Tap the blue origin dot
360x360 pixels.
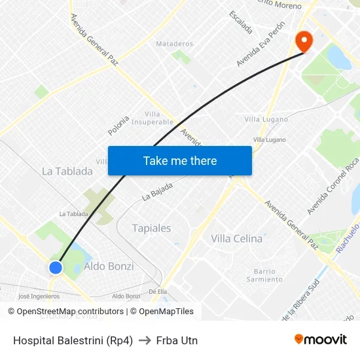[x=56, y=267]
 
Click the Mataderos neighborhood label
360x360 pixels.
[x=174, y=44]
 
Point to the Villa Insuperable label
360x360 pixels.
[x=153, y=118]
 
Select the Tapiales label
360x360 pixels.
[x=151, y=228]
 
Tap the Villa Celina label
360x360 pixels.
[x=236, y=239]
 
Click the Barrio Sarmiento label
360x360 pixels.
[x=265, y=276]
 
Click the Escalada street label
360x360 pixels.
[x=240, y=22]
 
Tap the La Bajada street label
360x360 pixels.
[x=157, y=191]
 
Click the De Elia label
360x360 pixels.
[x=158, y=292]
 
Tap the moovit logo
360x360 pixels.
[x=320, y=340]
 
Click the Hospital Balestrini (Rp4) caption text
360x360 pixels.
[x=73, y=340]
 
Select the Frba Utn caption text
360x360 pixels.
[x=177, y=340]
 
